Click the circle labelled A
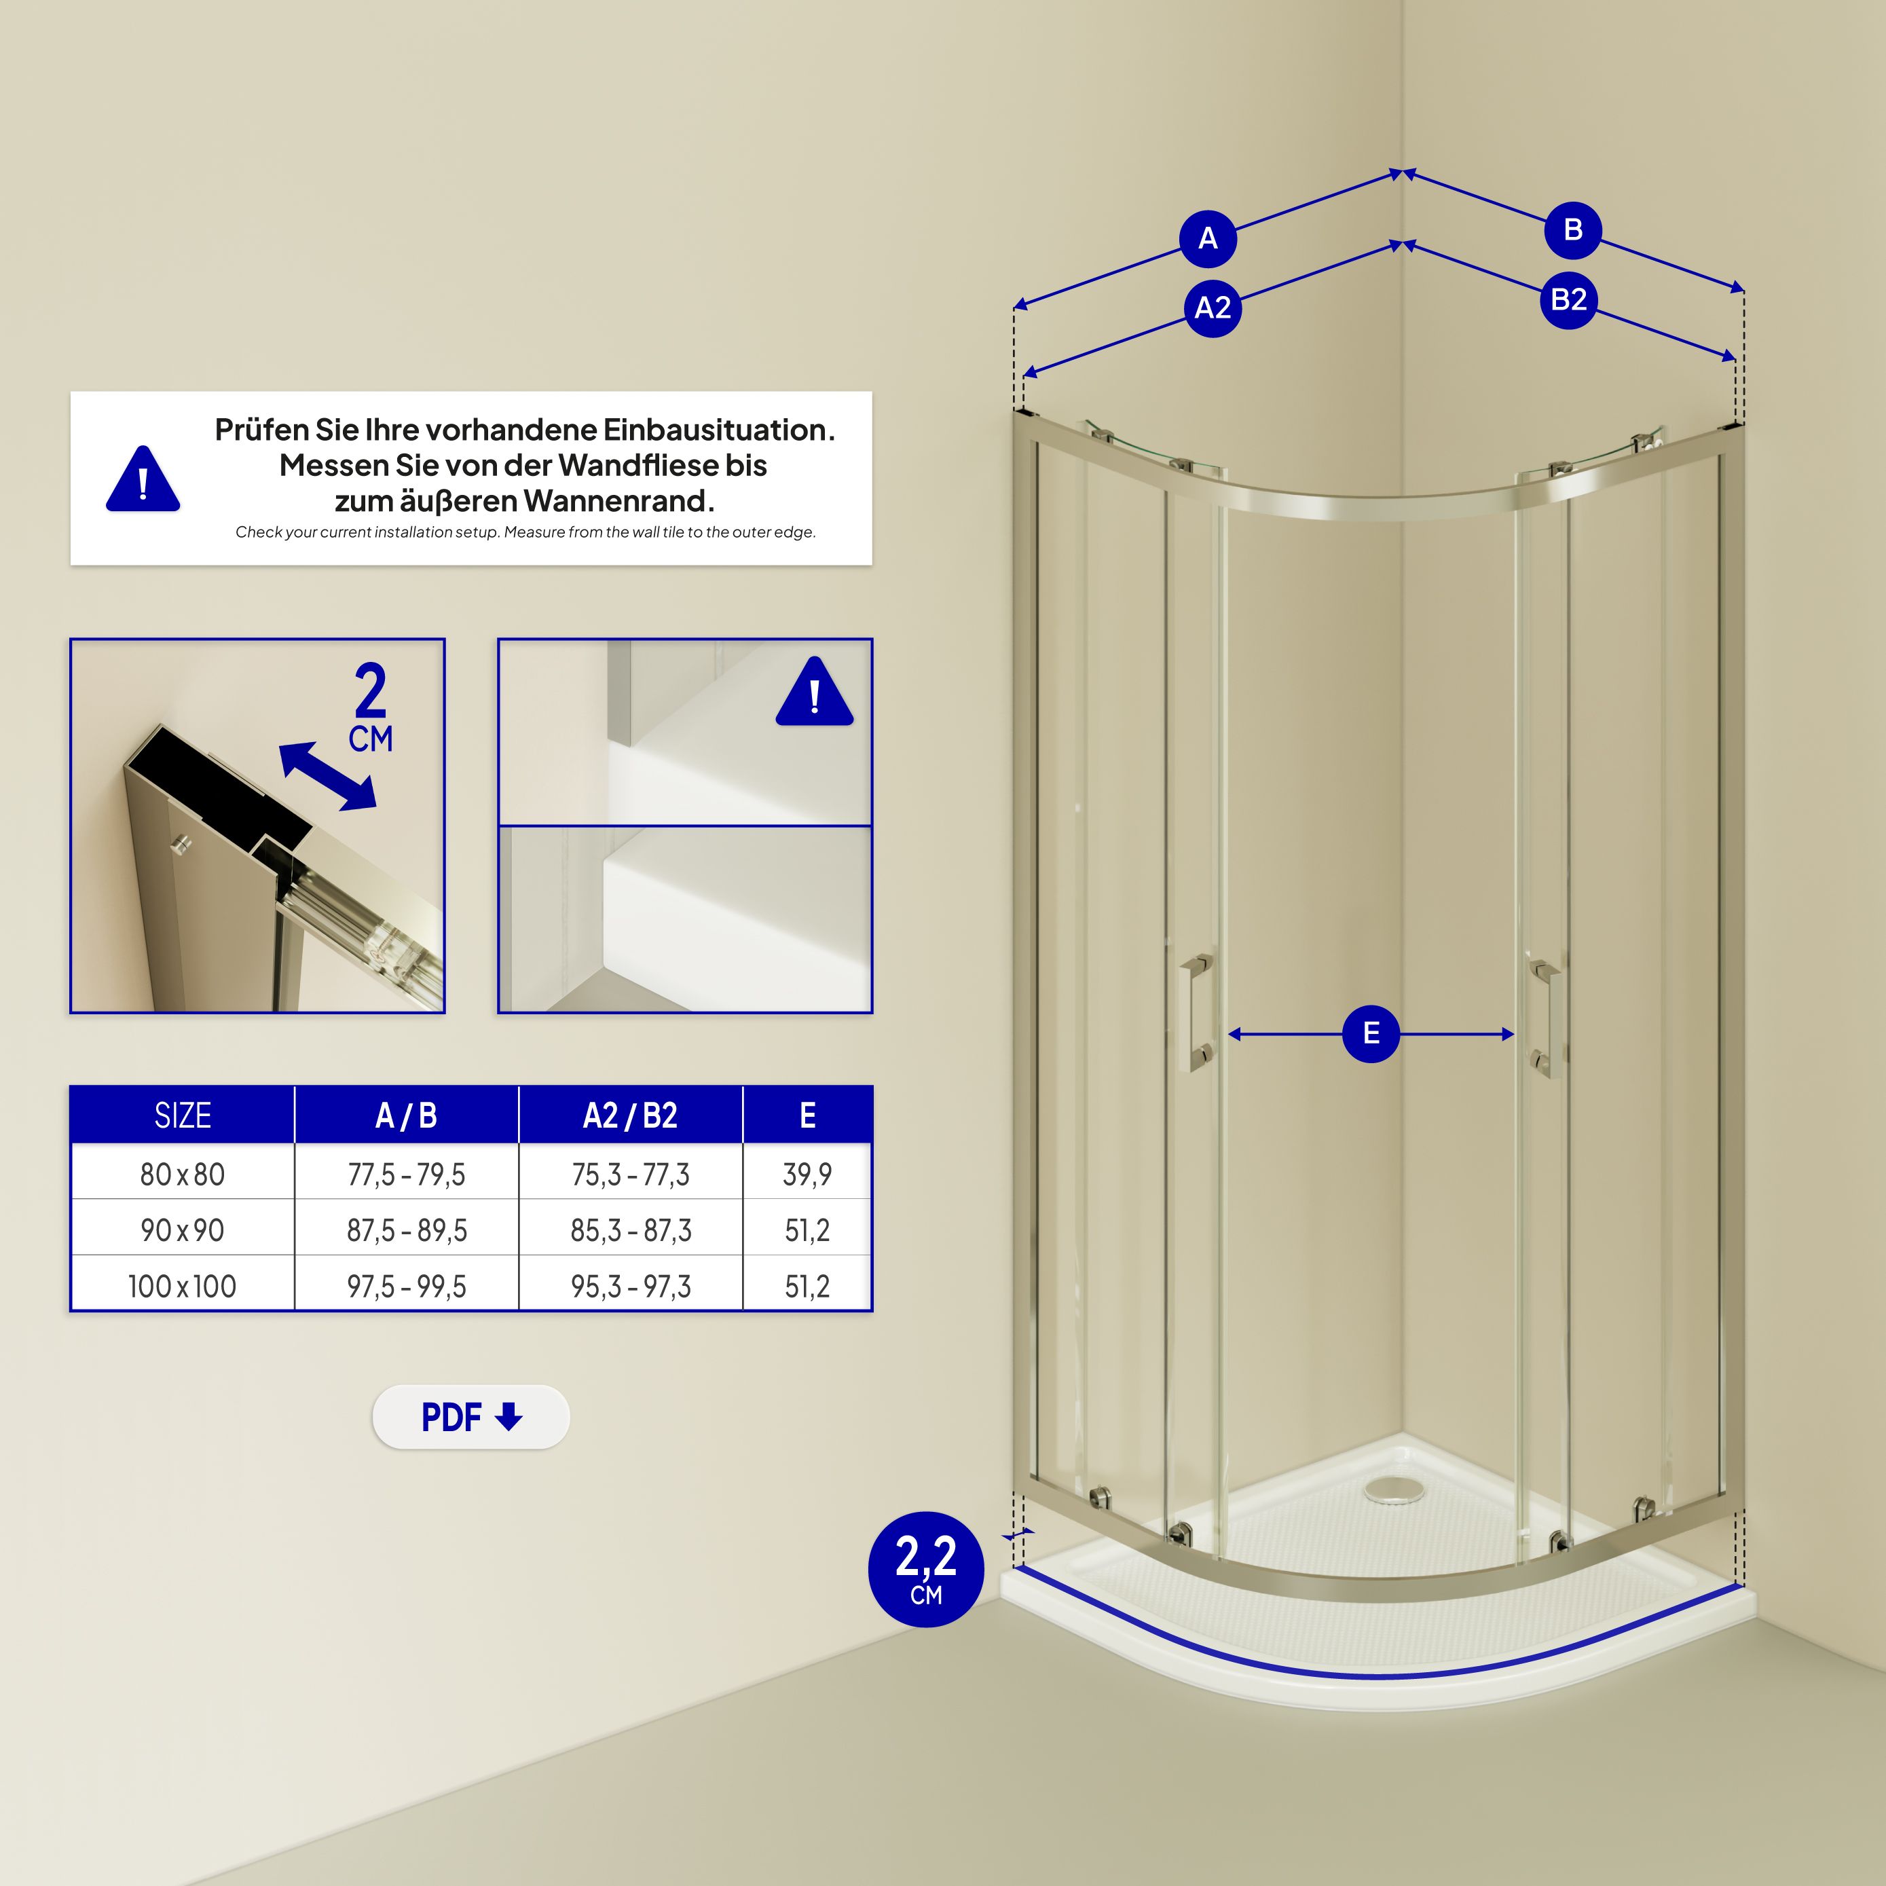(x=1208, y=238)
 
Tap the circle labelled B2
(x=1568, y=299)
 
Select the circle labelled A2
(x=1213, y=308)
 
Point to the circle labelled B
(x=1572, y=230)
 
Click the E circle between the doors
(x=1371, y=1034)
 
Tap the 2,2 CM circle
(x=925, y=1569)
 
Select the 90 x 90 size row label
(x=183, y=1230)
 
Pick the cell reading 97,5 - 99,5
(x=406, y=1287)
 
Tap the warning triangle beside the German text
(x=143, y=479)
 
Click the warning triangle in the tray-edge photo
(x=814, y=692)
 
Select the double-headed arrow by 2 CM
(x=327, y=776)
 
